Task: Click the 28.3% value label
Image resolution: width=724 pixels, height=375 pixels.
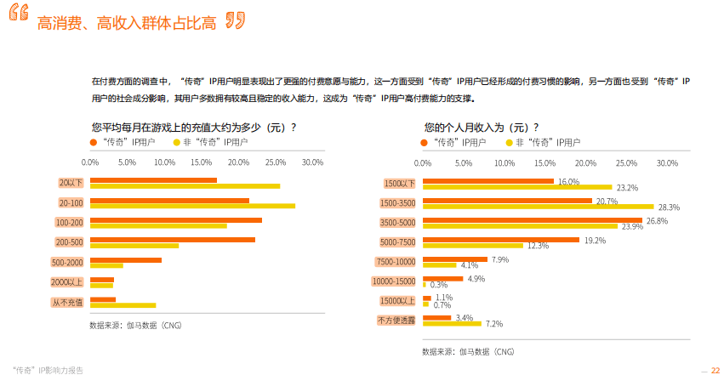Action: (668, 207)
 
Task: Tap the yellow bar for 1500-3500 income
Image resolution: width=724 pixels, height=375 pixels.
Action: (538, 206)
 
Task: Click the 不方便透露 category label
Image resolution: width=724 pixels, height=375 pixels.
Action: (396, 321)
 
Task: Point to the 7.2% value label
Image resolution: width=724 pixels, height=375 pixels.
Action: (493, 324)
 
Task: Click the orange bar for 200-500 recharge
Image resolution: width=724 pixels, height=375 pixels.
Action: (173, 240)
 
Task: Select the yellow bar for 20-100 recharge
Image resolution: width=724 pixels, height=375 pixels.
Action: (192, 206)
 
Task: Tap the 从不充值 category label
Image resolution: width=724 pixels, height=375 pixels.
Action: (67, 302)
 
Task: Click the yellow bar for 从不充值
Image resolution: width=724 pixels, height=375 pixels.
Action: (123, 304)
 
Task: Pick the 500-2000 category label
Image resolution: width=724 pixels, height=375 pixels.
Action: (67, 262)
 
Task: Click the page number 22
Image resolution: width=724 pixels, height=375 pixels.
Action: (715, 370)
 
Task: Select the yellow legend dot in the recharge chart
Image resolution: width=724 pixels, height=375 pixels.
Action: (175, 142)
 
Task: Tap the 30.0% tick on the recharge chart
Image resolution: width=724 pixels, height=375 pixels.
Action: (312, 162)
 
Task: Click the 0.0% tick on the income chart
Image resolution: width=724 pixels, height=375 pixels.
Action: (423, 162)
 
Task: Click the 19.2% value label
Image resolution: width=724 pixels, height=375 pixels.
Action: (595, 241)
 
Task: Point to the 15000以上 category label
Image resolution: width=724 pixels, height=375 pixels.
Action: (398, 301)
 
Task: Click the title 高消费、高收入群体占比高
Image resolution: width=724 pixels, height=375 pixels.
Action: (127, 23)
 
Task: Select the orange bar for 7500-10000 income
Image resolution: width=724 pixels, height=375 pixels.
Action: (455, 259)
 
